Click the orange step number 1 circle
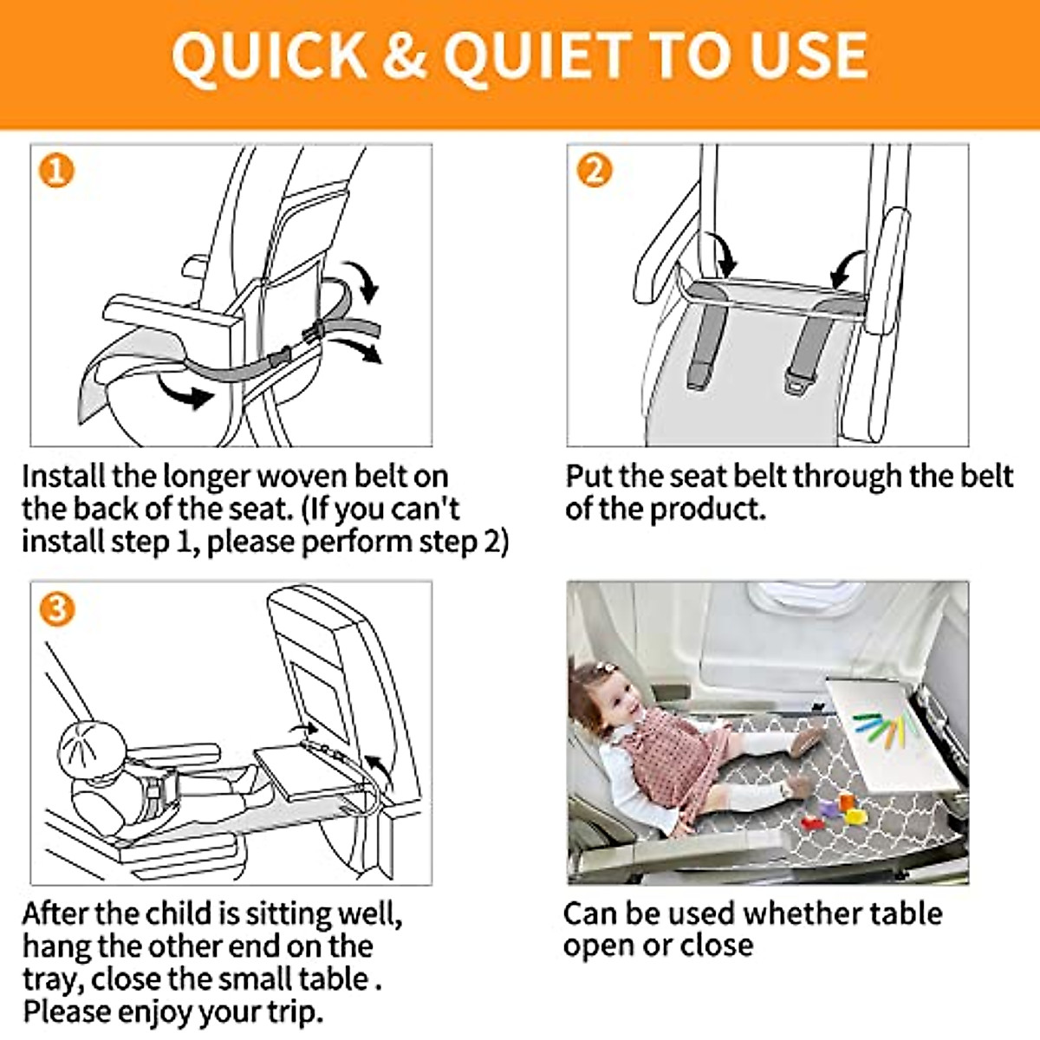click(56, 171)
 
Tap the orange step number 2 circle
click(595, 171)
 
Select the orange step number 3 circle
click(56, 609)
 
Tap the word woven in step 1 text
click(299, 477)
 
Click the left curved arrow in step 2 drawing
click(722, 254)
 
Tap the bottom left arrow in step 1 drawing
click(185, 393)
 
